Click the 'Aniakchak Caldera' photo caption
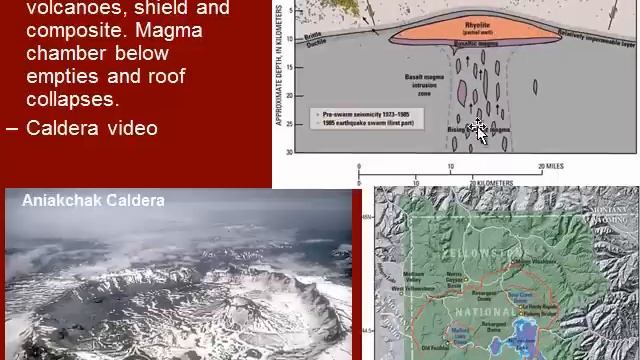[x=93, y=200]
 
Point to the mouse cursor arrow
[x=479, y=129]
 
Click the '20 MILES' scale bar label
[x=554, y=165]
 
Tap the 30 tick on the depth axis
[x=289, y=152]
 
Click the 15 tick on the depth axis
[x=289, y=68]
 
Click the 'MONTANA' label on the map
[x=618, y=210]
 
